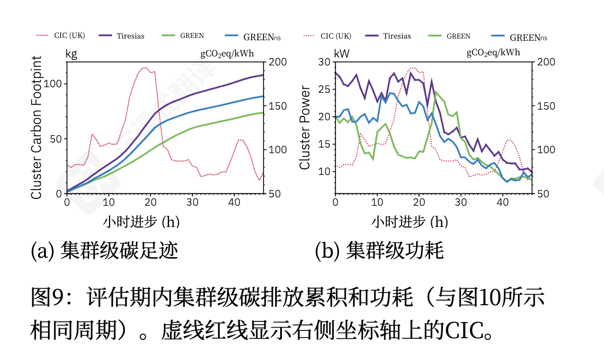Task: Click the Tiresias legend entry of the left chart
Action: click(121, 36)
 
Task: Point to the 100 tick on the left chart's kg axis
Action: click(56, 84)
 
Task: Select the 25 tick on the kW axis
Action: click(324, 89)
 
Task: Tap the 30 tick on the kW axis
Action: click(324, 62)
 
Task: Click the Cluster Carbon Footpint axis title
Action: click(37, 128)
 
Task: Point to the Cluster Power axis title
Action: click(305, 128)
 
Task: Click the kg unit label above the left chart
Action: click(72, 54)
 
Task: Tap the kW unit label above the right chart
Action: click(341, 54)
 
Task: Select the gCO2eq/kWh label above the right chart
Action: click(493, 54)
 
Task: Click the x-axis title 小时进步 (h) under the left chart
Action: click(141, 222)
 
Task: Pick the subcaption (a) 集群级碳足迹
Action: click(105, 250)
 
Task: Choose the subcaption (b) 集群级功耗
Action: click(379, 250)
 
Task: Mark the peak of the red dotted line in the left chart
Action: click(144, 68)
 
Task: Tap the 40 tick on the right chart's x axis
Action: click(503, 202)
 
